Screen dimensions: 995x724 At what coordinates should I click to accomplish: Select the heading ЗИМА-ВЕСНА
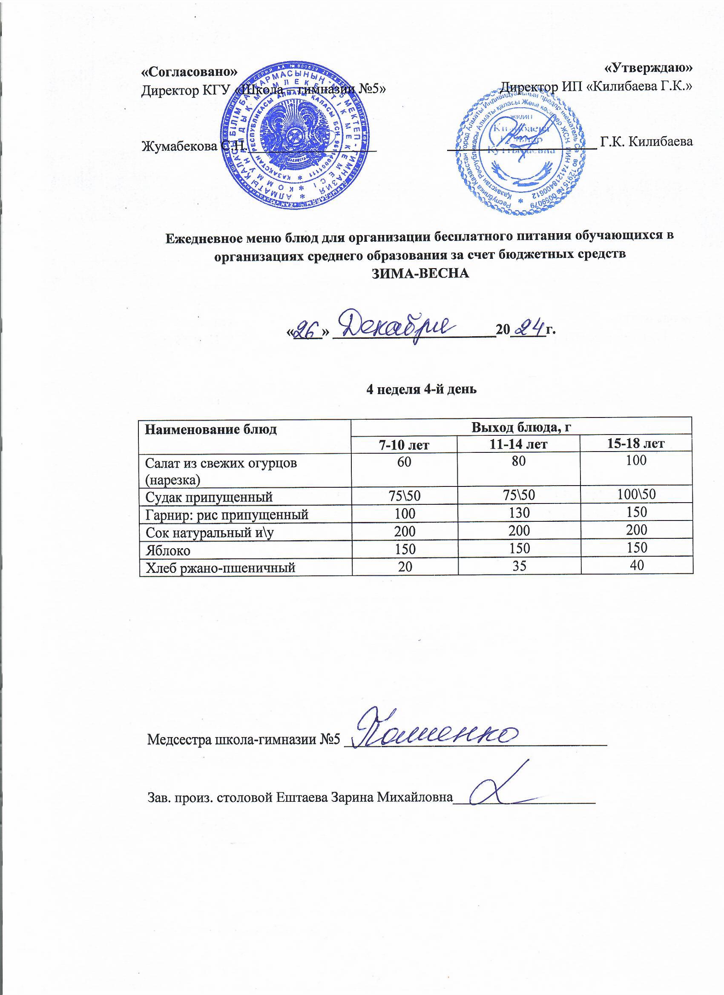point(420,273)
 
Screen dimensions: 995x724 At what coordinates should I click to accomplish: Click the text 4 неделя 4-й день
point(421,389)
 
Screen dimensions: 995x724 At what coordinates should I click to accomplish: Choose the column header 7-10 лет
point(404,444)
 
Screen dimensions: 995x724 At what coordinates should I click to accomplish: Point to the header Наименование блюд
point(211,429)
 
